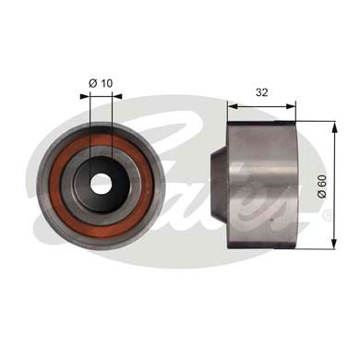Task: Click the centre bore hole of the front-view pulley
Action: click(x=101, y=185)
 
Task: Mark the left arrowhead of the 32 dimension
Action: click(x=232, y=104)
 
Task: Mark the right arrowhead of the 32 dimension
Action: click(x=292, y=104)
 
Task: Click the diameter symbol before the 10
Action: click(x=92, y=84)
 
